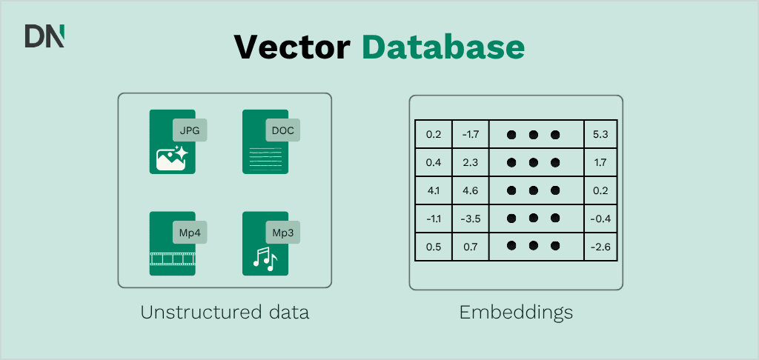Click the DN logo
(44, 37)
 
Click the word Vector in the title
(292, 47)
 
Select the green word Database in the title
(443, 47)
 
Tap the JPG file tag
(190, 130)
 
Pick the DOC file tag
(282, 130)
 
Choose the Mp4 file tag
(190, 233)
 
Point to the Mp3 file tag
(282, 233)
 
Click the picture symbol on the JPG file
(172, 158)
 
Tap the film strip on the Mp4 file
(172, 259)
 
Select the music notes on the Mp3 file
(265, 258)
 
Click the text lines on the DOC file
(265, 159)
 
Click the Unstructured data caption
(225, 313)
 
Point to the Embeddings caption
(516, 313)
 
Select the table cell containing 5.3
(600, 134)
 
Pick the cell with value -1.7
(471, 134)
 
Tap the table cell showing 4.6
(471, 190)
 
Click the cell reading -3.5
(471, 219)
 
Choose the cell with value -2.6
(600, 247)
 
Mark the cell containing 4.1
(433, 190)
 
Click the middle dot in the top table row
(534, 135)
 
